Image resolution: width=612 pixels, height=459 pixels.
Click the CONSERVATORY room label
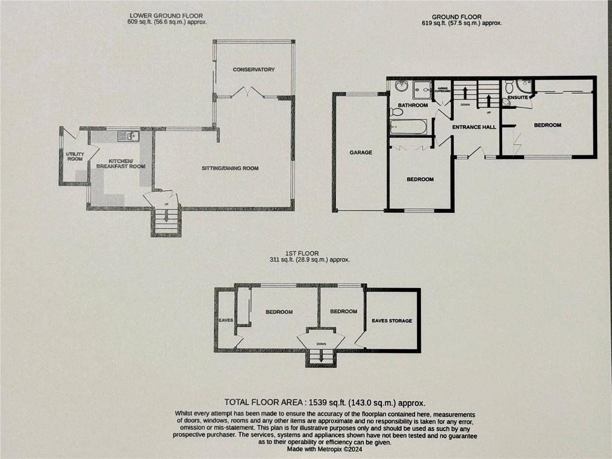(x=253, y=69)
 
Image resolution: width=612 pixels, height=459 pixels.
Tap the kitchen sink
(x=128, y=136)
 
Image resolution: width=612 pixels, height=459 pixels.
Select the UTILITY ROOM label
(x=75, y=157)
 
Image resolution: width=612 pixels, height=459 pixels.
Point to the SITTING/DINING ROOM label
(x=230, y=168)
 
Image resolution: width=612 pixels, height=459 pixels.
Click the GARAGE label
(x=360, y=152)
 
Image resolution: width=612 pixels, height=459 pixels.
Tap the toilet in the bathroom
(x=396, y=112)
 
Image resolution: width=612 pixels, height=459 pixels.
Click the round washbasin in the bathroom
(x=401, y=86)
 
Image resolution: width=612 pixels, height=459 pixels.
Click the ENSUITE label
(x=518, y=97)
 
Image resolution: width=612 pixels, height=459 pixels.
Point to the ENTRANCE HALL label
(x=474, y=127)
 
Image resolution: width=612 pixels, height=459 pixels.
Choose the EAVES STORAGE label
(x=392, y=320)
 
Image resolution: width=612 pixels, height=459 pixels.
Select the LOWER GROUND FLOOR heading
(x=166, y=16)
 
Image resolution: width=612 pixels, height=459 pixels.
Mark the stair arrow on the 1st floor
(x=321, y=356)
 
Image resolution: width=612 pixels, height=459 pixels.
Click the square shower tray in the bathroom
(x=422, y=90)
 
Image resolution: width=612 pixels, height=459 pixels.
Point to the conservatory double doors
(x=248, y=93)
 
